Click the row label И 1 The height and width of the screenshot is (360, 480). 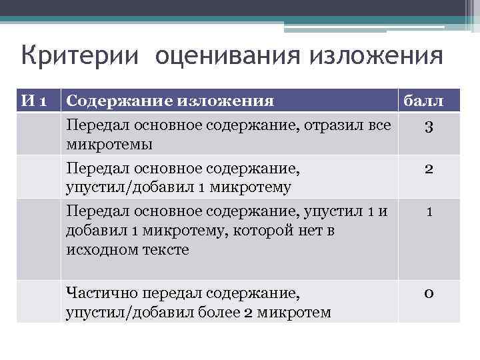[x=34, y=101]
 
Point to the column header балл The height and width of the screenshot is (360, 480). [x=429, y=101]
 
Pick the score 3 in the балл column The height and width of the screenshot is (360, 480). [x=429, y=127]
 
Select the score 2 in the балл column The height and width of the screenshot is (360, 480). [x=429, y=169]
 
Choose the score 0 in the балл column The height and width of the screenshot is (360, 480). [x=429, y=294]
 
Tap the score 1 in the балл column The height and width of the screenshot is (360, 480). [x=429, y=213]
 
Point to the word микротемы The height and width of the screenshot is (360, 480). [x=109, y=144]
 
